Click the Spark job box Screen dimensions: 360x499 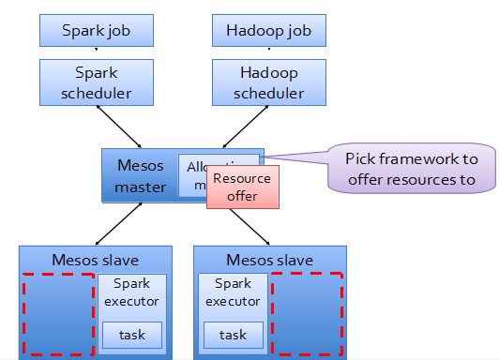click(95, 31)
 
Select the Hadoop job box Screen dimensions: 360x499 click(268, 31)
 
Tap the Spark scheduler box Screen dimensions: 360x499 click(95, 82)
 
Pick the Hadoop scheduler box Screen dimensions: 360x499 click(268, 82)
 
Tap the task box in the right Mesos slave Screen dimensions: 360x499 click(233, 334)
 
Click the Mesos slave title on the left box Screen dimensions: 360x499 click(95, 259)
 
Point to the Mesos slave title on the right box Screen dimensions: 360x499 click(269, 259)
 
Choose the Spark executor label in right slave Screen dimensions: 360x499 click(233, 292)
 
